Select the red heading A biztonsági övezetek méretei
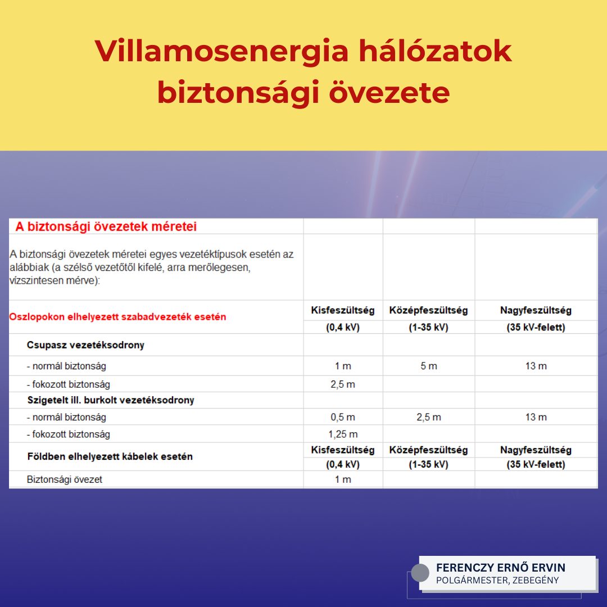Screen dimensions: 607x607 click(106, 227)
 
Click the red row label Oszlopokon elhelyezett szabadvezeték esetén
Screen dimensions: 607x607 click(117, 317)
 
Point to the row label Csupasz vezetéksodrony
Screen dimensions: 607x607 click(85, 345)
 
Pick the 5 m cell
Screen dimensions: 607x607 click(429, 366)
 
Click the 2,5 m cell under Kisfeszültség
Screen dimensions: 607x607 click(343, 384)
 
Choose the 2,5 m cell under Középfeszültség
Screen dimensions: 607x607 click(429, 417)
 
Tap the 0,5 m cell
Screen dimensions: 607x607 click(343, 417)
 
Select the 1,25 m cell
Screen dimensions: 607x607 click(343, 434)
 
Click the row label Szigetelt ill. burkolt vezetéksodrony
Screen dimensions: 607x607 click(111, 400)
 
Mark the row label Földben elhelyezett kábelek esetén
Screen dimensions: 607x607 click(110, 456)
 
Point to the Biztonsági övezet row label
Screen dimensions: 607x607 click(65, 479)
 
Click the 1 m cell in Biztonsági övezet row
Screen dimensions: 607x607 click(343, 479)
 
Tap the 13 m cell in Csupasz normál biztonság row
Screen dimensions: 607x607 click(536, 366)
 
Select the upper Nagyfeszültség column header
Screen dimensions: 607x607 click(536, 310)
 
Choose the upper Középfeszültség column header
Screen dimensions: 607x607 click(428, 310)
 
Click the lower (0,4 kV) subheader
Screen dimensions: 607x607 click(343, 464)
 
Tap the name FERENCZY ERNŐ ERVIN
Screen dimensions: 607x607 click(501, 568)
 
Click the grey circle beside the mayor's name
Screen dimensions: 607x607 click(420, 573)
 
